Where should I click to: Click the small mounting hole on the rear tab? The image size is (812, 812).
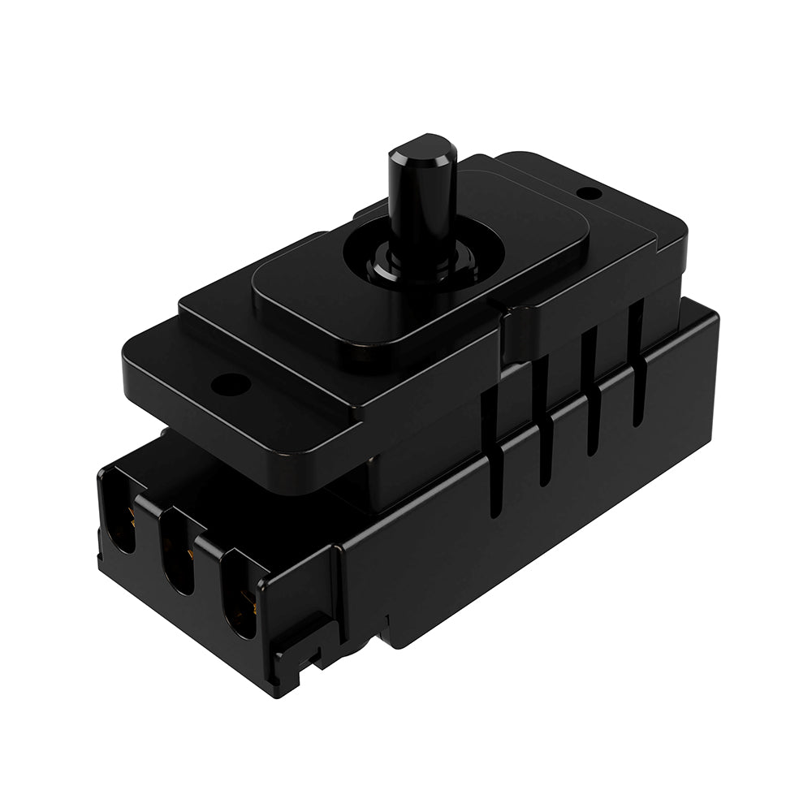pyautogui.click(x=590, y=193)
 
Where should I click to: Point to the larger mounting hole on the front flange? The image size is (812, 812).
pyautogui.click(x=231, y=383)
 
